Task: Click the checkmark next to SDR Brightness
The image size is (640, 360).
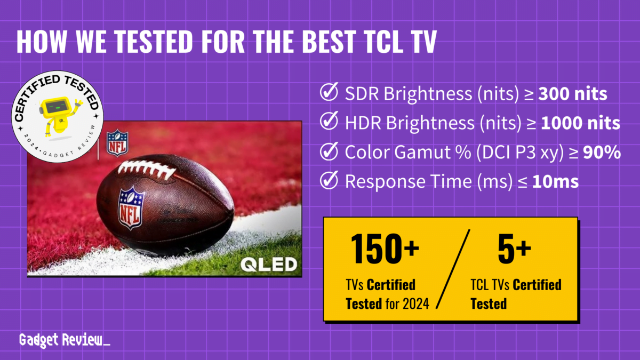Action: pos(327,94)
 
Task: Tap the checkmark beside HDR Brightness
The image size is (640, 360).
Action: pos(327,123)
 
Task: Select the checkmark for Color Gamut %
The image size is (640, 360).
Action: pos(327,153)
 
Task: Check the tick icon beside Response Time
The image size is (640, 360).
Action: pos(327,181)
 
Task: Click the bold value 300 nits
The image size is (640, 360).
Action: pos(572,94)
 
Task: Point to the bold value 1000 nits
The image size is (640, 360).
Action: pos(580,124)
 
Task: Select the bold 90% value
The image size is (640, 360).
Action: pos(601,153)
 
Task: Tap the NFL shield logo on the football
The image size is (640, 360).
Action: pos(131,207)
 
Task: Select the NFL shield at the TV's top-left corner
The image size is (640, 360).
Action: pos(117,142)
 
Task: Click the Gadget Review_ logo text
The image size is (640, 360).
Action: pos(65,340)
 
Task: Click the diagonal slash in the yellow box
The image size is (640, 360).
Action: pos(454,269)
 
